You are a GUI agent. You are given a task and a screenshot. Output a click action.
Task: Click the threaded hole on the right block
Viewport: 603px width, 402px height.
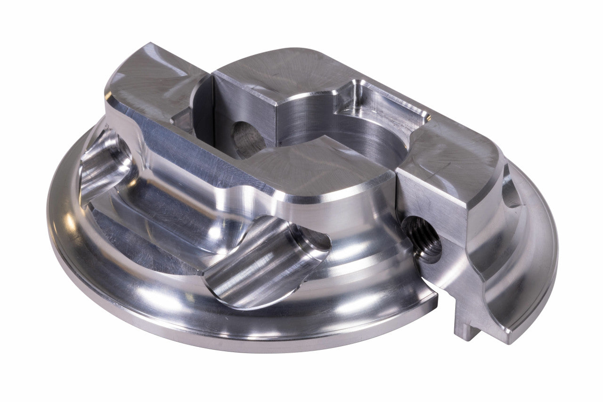(x=422, y=238)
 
